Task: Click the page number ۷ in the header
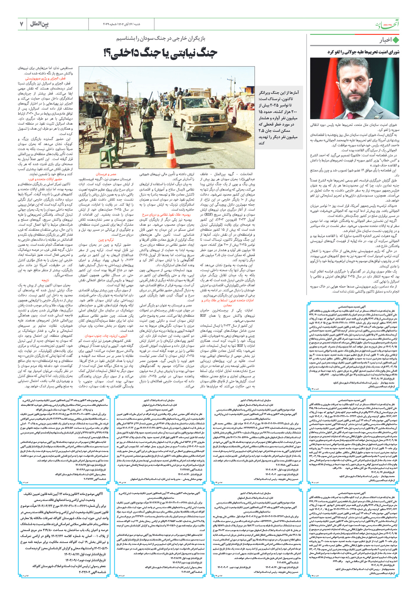click(21, 24)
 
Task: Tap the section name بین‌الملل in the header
click(40, 24)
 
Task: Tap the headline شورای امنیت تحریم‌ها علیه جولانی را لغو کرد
click(363, 52)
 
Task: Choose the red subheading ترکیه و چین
click(106, 240)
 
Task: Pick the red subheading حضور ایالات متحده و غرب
click(45, 179)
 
